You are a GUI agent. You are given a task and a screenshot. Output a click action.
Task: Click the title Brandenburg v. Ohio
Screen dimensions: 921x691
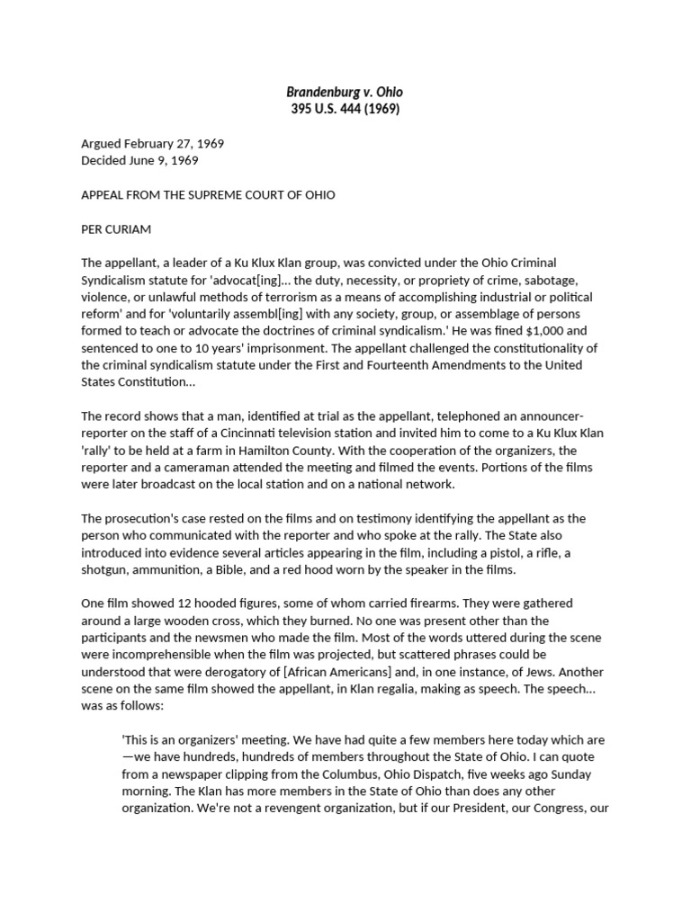coord(345,92)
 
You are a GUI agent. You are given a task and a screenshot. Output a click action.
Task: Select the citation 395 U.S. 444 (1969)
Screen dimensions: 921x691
coord(345,110)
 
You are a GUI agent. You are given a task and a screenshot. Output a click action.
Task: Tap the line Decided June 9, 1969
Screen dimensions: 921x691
coord(139,161)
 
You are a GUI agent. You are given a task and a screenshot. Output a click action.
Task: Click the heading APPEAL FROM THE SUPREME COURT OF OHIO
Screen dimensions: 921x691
coord(208,195)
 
